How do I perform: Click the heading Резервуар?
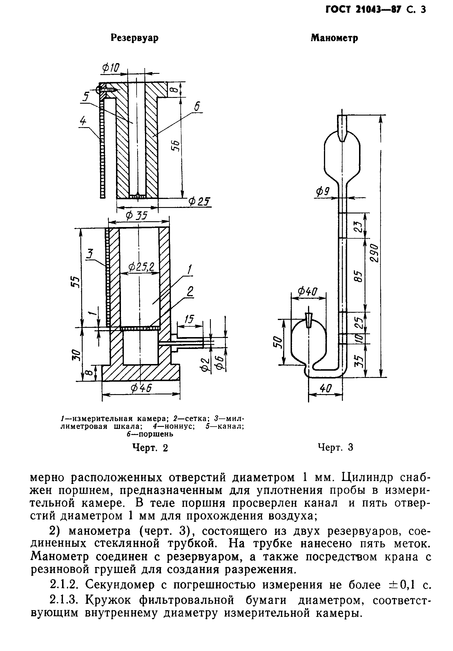pyautogui.click(x=135, y=38)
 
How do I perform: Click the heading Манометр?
pyautogui.click(x=334, y=38)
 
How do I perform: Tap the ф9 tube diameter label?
pyautogui.click(x=322, y=191)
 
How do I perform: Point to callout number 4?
pyautogui.click(x=83, y=121)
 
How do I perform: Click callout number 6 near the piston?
pyautogui.click(x=197, y=107)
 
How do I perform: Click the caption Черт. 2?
pyautogui.click(x=150, y=448)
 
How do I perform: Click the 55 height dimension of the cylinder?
pyautogui.click(x=75, y=281)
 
